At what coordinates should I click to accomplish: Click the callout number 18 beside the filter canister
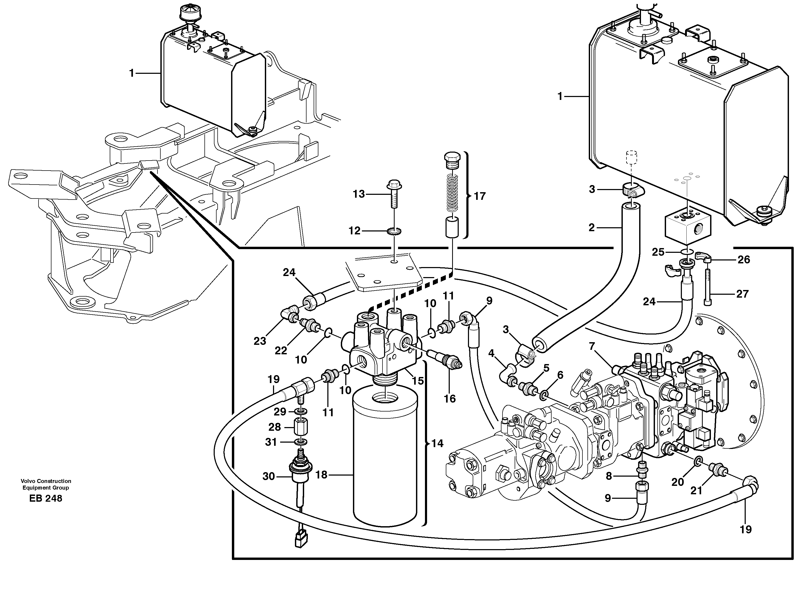coord(321,475)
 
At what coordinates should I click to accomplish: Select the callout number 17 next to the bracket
coord(480,196)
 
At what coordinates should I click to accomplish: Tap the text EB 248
coord(46,499)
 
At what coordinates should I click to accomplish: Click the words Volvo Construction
coord(46,481)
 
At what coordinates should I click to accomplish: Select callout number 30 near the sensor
coord(268,477)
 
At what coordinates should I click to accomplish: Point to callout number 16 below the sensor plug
coord(450,399)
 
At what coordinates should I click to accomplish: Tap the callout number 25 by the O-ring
coord(658,252)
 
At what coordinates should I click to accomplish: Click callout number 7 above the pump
coord(591,346)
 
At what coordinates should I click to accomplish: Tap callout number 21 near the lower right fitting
coord(696,490)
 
